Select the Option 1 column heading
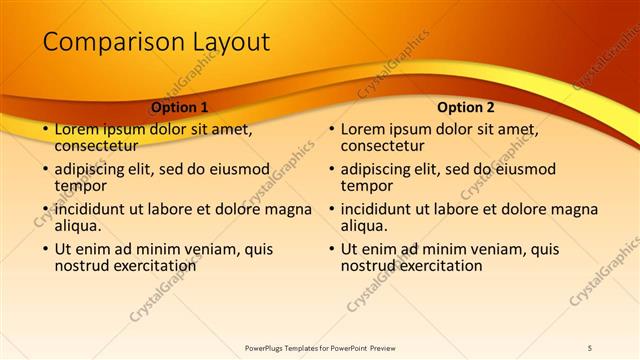[x=180, y=106]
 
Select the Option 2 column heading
[x=466, y=106]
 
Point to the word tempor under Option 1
[x=77, y=186]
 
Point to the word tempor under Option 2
[x=364, y=186]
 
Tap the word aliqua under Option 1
[x=77, y=226]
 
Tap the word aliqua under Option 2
[x=364, y=226]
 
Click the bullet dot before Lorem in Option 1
[x=44, y=130]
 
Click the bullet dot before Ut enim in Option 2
[x=330, y=250]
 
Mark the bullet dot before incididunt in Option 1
[x=44, y=210]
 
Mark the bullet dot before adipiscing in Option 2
[x=330, y=170]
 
